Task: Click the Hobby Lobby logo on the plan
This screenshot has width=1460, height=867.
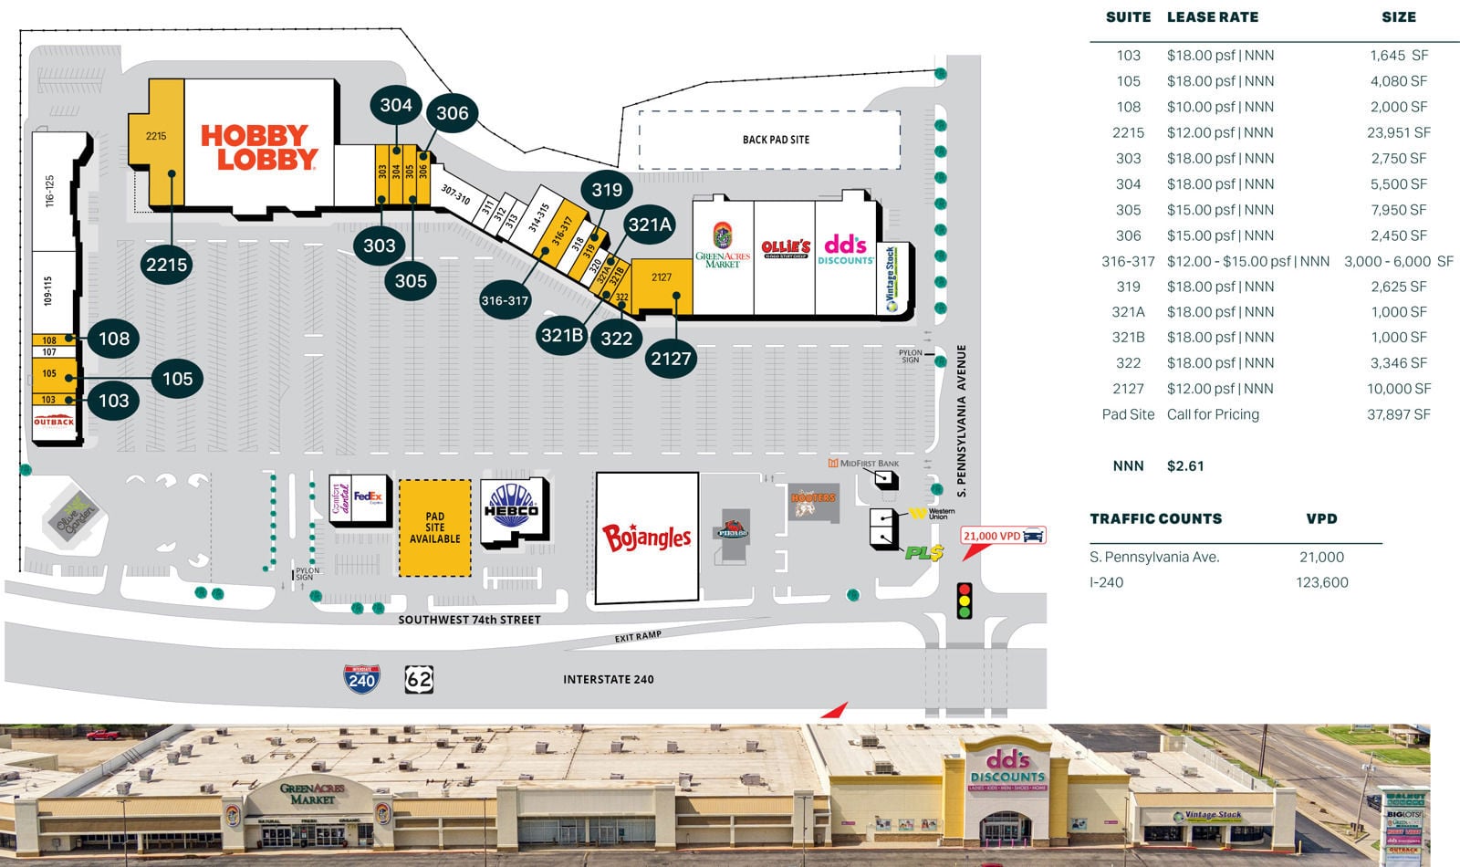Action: point(259,148)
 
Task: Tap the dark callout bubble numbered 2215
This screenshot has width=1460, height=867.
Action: point(166,265)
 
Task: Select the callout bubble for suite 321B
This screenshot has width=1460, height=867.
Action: point(562,335)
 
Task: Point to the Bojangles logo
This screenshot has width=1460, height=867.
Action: point(647,538)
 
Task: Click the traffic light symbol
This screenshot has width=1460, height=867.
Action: point(964,601)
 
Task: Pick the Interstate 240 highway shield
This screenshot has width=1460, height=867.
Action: point(361,679)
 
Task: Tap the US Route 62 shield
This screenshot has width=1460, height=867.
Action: point(419,679)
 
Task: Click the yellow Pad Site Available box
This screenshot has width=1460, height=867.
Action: point(434,528)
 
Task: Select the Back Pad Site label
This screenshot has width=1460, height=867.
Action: point(776,140)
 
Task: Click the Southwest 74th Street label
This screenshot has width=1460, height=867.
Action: point(469,620)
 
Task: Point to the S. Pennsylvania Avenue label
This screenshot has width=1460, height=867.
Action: point(961,421)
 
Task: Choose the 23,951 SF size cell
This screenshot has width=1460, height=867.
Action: point(1398,132)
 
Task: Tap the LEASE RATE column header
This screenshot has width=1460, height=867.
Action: point(1212,16)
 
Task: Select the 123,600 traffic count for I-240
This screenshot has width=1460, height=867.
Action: point(1321,582)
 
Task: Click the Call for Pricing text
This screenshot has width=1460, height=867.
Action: point(1213,414)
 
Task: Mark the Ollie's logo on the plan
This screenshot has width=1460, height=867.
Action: point(785,248)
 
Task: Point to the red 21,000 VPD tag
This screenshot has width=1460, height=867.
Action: point(1002,536)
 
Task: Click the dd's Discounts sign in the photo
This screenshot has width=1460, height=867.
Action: point(1007,768)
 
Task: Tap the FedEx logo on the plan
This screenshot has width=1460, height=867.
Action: point(368,497)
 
